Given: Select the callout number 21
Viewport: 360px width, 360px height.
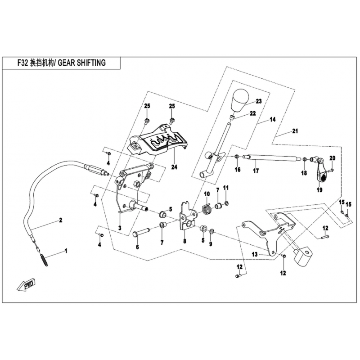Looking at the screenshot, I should pyautogui.click(x=295, y=131).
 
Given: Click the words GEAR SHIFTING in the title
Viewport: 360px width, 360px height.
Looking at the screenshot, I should pyautogui.click(x=82, y=63).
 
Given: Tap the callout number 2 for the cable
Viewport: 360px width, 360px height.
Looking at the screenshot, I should pyautogui.click(x=59, y=220).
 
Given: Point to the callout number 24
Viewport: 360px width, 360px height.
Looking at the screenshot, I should pyautogui.click(x=174, y=167).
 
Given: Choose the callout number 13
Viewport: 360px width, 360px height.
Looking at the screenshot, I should pyautogui.click(x=254, y=255).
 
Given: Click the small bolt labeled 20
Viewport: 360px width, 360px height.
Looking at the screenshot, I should pyautogui.click(x=330, y=171).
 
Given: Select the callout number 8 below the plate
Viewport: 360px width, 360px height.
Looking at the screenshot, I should pyautogui.click(x=184, y=241).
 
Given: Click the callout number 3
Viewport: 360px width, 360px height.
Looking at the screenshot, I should pyautogui.click(x=120, y=228).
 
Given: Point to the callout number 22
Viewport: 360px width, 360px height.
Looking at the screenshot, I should pyautogui.click(x=253, y=113).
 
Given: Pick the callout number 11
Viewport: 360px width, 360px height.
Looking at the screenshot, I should pyautogui.click(x=226, y=187).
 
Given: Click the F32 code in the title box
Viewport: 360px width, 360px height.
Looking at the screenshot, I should pyautogui.click(x=21, y=63).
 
